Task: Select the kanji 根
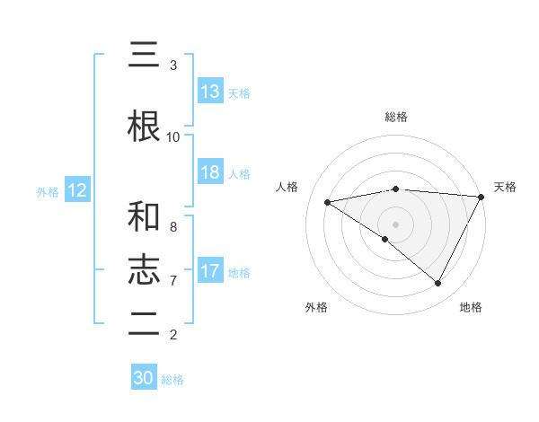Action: point(144,127)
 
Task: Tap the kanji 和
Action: point(144,217)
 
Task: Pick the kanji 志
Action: point(144,271)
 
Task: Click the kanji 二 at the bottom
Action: point(144,325)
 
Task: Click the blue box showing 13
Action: point(210,92)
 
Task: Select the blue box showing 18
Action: point(210,172)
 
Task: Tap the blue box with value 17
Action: point(210,271)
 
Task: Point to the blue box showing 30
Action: point(144,378)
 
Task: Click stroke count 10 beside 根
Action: point(173,136)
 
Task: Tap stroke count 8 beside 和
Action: point(173,226)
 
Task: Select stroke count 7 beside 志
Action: point(173,280)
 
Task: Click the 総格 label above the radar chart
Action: point(395,117)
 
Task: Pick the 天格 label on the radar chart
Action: point(505,187)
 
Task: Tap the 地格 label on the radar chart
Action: point(471,307)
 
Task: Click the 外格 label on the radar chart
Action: point(316,307)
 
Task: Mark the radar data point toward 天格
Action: point(481,197)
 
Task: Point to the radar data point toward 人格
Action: point(327,202)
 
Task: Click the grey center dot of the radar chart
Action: point(395,224)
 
